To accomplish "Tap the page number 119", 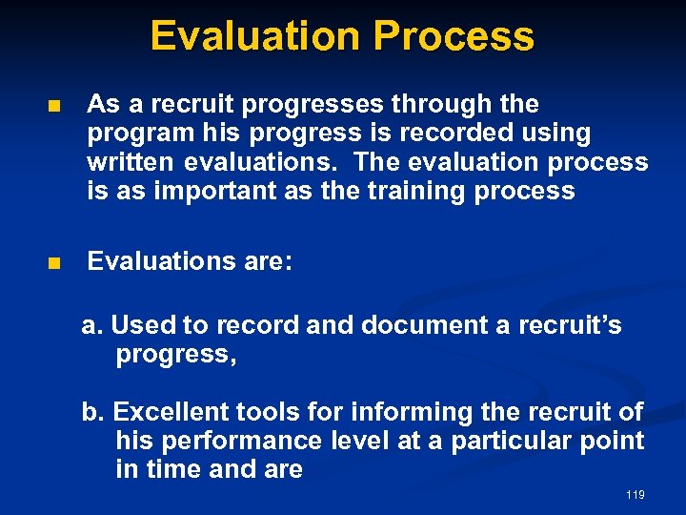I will (636, 495).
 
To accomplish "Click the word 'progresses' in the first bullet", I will (307, 104).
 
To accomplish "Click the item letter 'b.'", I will (92, 413).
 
